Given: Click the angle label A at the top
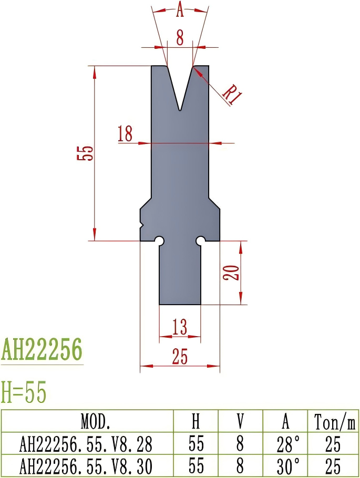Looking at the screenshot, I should pyautogui.click(x=180, y=9).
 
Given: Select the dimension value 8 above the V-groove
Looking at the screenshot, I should pyautogui.click(x=180, y=37).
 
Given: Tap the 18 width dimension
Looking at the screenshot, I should pyautogui.click(x=125, y=134).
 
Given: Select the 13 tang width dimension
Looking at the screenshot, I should pyautogui.click(x=180, y=328).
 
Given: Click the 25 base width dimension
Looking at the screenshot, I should pyautogui.click(x=180, y=357).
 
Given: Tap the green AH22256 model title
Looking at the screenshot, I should pyautogui.click(x=42, y=349).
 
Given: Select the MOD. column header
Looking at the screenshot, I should pyautogui.click(x=87, y=421).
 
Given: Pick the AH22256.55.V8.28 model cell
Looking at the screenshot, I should pyautogui.click(x=87, y=444).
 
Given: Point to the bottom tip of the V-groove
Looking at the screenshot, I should pyautogui.click(x=180, y=110).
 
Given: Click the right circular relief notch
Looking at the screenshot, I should pyautogui.click(x=200, y=241).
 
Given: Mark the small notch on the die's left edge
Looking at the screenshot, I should pyautogui.click(x=142, y=226).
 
